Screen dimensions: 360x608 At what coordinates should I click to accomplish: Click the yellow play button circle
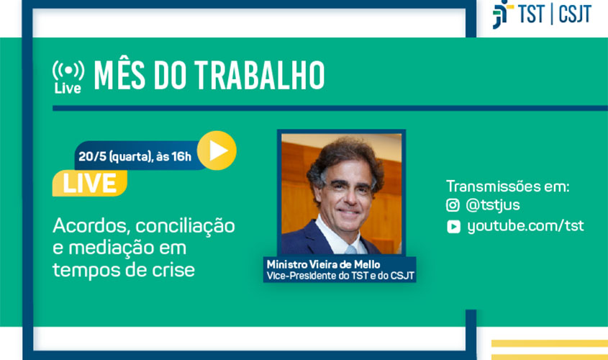click(x=217, y=150)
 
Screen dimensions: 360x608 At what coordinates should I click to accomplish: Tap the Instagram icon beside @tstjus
click(x=453, y=205)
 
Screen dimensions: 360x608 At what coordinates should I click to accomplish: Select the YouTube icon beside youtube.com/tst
click(x=453, y=227)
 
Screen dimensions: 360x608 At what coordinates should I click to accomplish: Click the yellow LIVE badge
click(x=89, y=183)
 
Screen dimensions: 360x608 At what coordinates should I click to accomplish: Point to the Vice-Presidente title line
click(x=340, y=274)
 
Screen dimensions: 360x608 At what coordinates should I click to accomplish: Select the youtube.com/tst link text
click(x=525, y=226)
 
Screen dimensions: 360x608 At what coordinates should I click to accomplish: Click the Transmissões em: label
click(x=507, y=186)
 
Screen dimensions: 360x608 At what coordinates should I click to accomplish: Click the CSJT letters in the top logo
click(x=574, y=14)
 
